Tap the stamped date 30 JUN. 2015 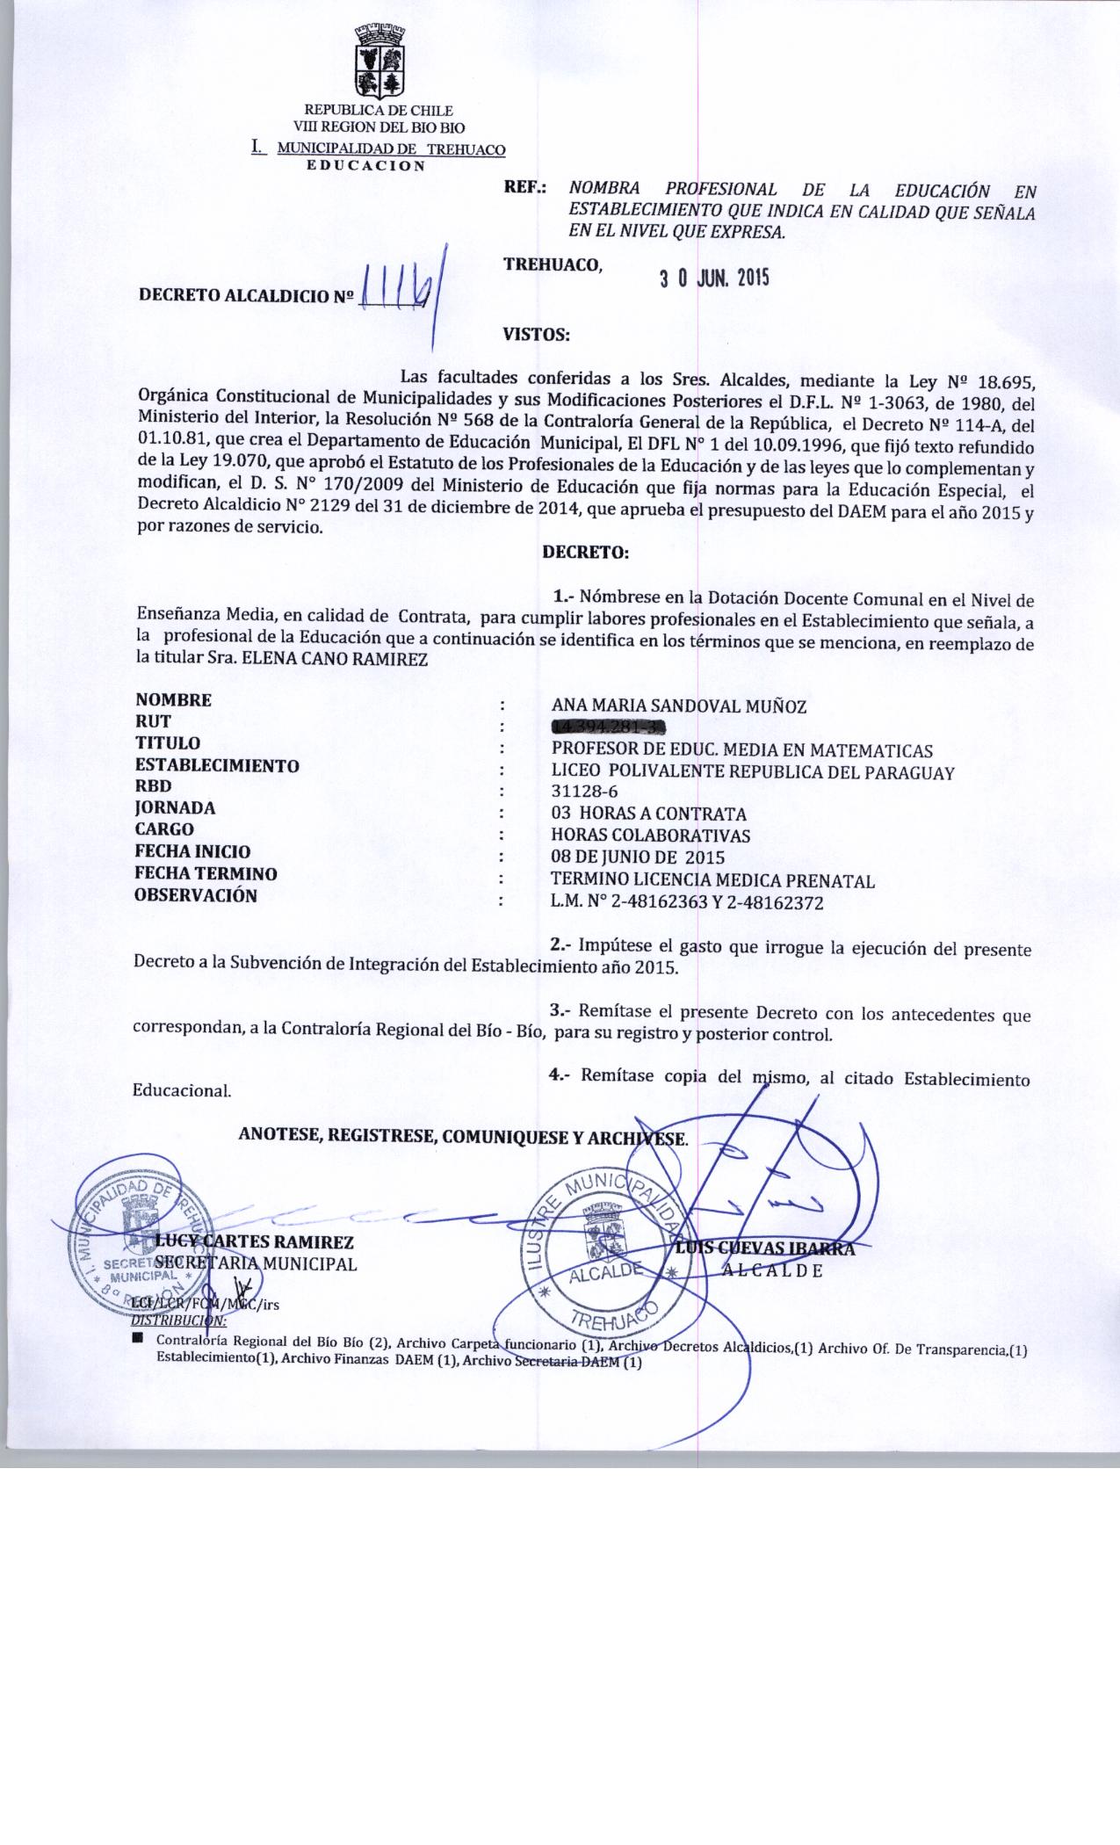pos(714,279)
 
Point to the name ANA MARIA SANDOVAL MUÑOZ pos(678,705)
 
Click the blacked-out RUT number pos(607,727)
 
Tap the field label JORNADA pos(176,807)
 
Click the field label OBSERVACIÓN pos(196,896)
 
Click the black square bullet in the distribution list pos(138,1339)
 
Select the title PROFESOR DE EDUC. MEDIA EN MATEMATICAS pos(741,750)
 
